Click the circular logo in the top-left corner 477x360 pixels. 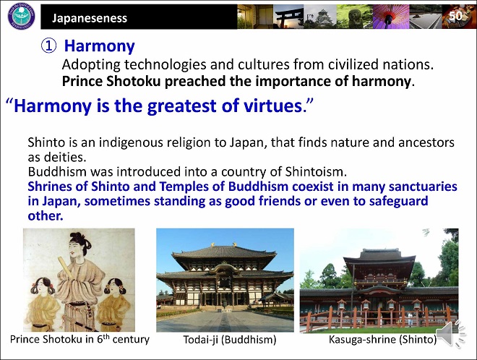coord(21,16)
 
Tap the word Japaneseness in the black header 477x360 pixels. coord(90,18)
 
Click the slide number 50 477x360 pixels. coord(455,16)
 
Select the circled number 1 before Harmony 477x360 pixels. coord(48,46)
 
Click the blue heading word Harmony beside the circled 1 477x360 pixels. coord(99,46)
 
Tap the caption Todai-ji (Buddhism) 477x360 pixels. coord(230,340)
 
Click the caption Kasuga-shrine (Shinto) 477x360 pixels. coord(383,340)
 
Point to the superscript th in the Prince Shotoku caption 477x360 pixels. coord(106,336)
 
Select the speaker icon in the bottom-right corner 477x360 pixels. coord(451,334)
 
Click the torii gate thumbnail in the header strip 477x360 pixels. coord(288,17)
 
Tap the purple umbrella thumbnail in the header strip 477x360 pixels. coord(391,17)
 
